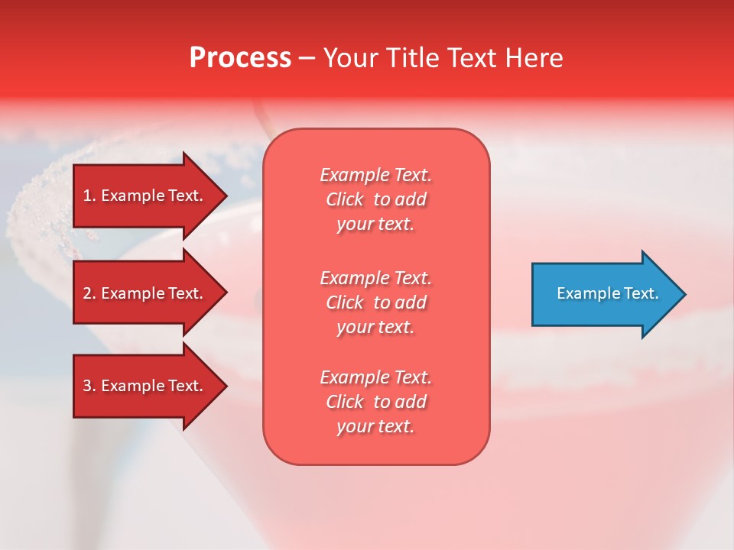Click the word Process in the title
coord(240,58)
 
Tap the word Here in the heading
coord(534,58)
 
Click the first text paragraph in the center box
coord(375,199)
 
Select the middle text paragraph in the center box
coord(375,302)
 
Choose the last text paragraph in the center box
coord(375,402)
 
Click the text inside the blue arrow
coord(607,293)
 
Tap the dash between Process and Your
coord(307,58)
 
